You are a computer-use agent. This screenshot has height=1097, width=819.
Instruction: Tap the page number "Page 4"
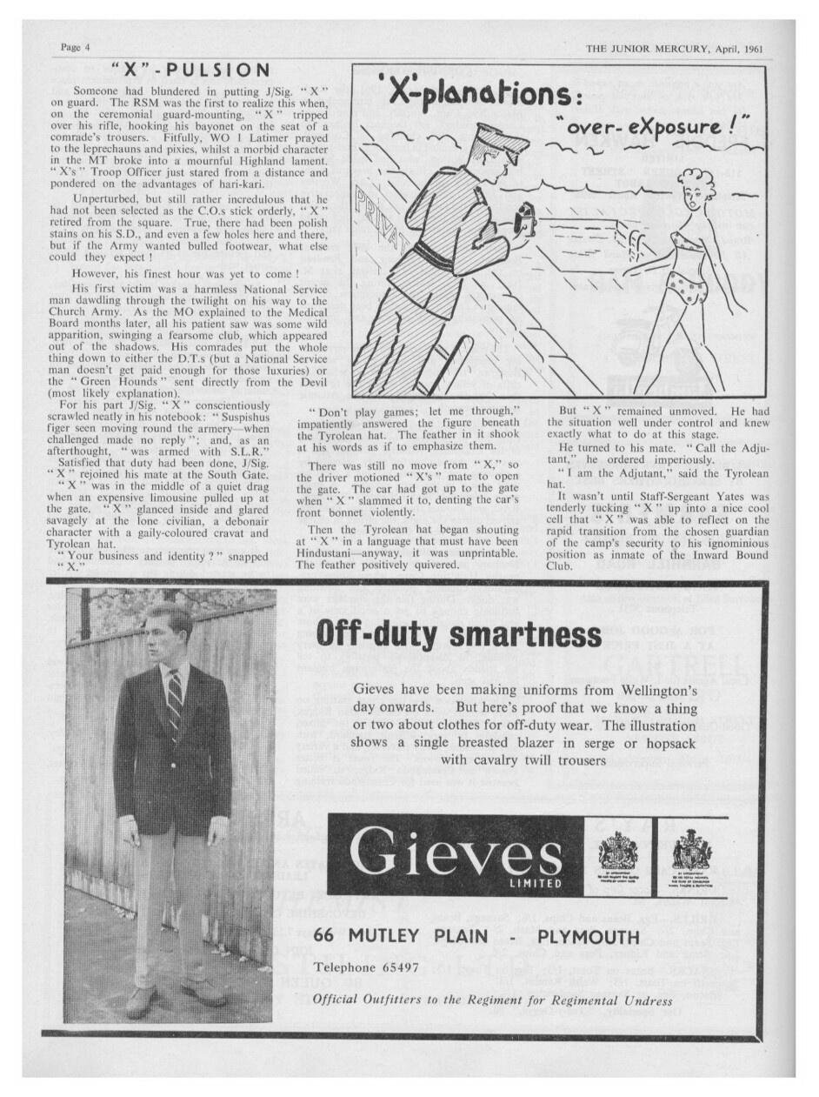click(x=76, y=48)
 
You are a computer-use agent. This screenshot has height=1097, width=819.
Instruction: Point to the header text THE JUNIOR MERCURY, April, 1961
click(x=675, y=49)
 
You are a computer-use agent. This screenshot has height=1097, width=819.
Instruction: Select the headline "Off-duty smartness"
click(x=457, y=633)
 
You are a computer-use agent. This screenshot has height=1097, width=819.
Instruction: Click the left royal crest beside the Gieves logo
click(x=618, y=848)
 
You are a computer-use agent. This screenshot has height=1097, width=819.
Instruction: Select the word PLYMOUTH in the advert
click(x=589, y=937)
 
